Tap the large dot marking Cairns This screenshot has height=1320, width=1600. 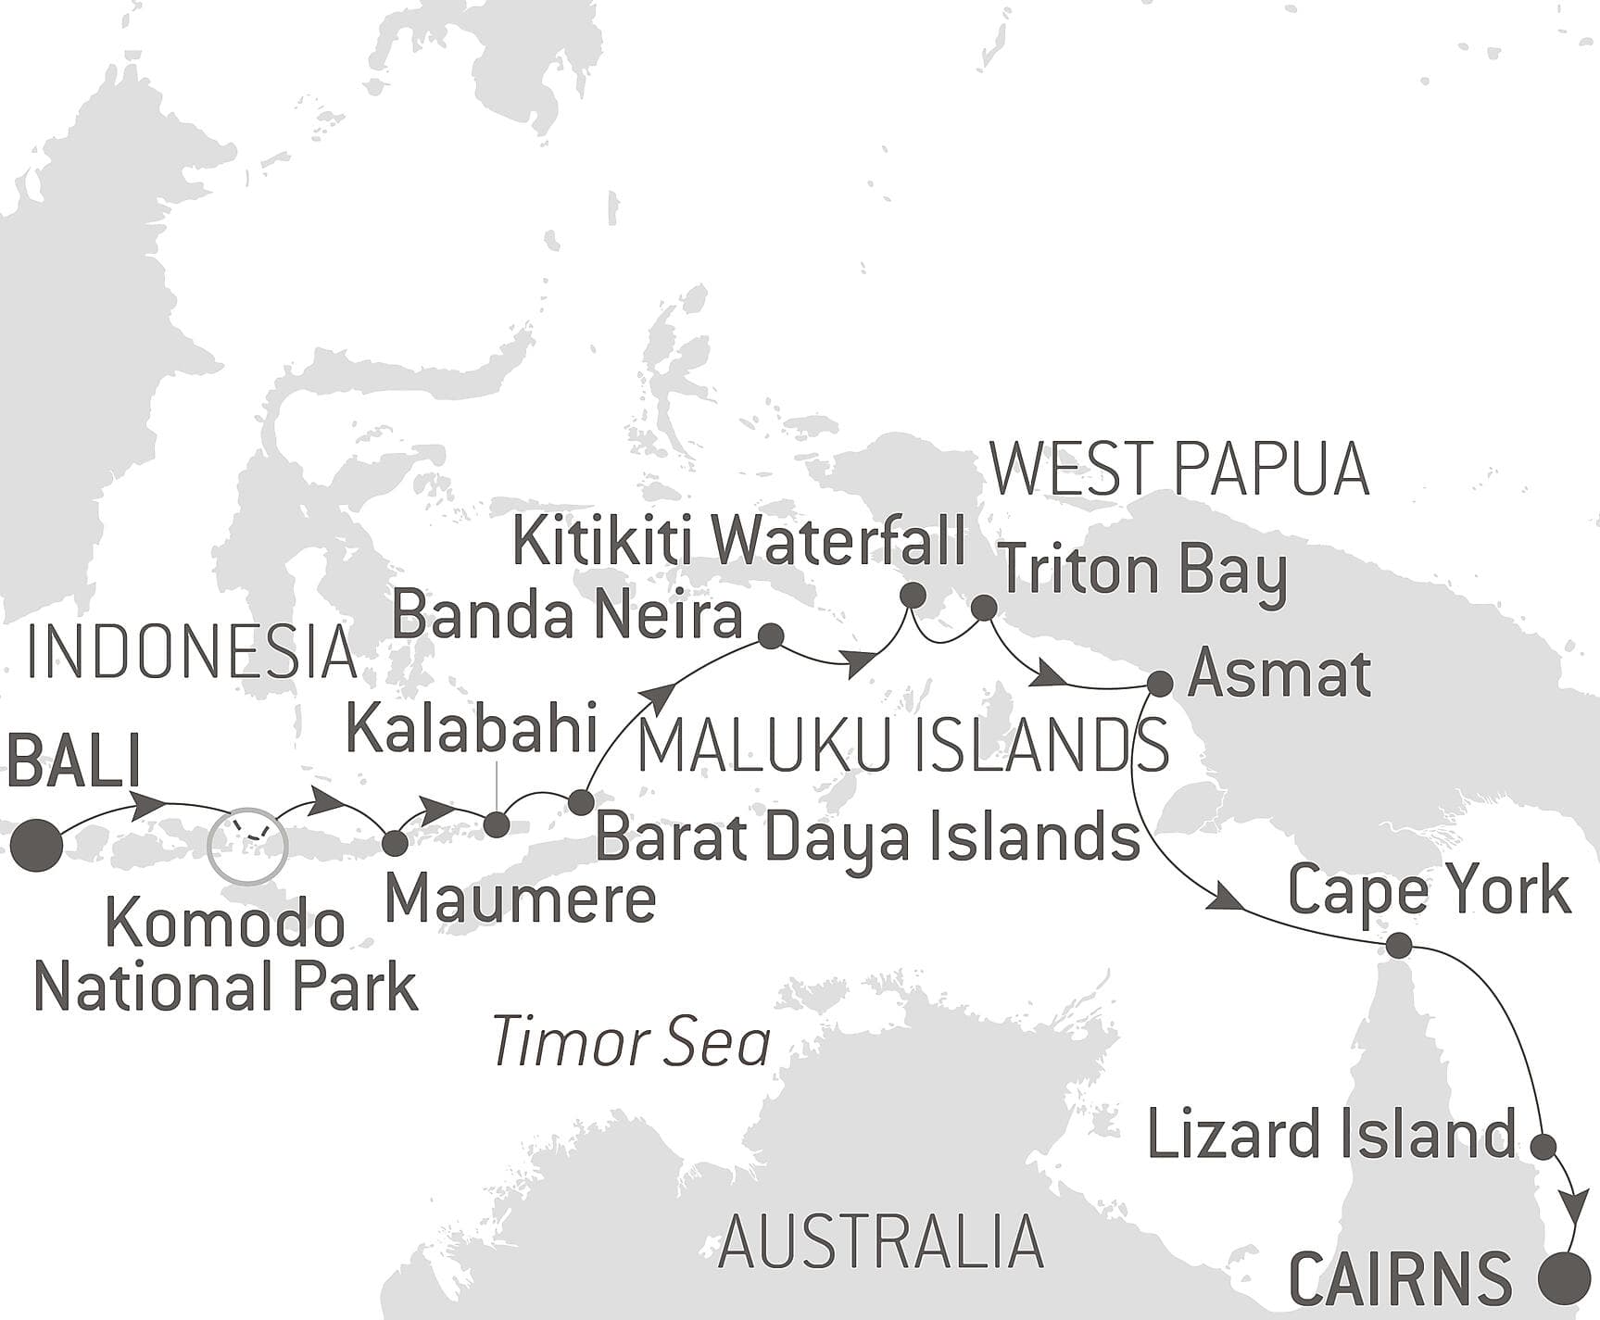point(1564,1278)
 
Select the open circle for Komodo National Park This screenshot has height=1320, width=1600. point(247,845)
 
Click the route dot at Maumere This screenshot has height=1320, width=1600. point(395,843)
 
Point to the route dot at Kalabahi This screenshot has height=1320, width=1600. point(497,824)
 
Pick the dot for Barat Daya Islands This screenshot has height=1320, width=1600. point(580,802)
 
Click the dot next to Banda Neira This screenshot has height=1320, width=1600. point(771,635)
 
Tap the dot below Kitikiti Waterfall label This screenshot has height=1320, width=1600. point(913,595)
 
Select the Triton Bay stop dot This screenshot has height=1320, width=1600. point(984,608)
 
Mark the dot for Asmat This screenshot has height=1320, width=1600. point(1160,684)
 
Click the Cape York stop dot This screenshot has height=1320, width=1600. point(1398,946)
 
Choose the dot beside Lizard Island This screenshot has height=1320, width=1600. point(1543,1147)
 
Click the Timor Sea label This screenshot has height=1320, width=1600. point(631,1042)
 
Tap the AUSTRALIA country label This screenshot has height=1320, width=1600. point(880,1241)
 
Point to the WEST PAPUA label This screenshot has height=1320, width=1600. point(1179,469)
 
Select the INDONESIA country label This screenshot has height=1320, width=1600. point(192,652)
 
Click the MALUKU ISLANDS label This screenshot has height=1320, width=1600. point(903,747)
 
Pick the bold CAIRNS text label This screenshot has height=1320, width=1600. point(1401,1279)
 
